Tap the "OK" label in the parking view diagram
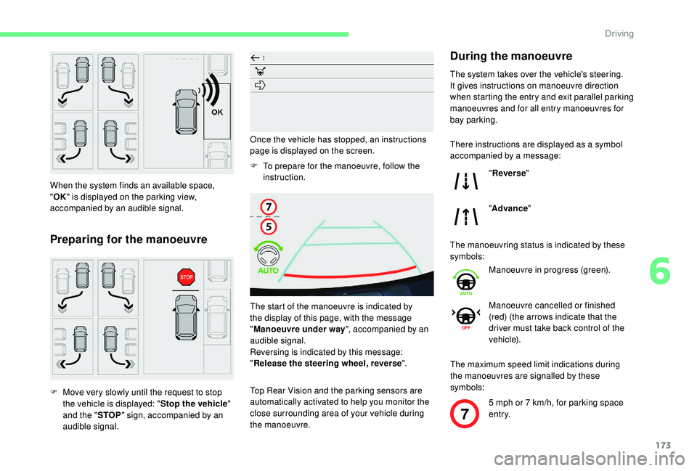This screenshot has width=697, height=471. [216, 113]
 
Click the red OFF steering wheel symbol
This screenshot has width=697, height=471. [465, 318]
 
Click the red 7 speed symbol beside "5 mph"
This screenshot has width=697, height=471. [465, 418]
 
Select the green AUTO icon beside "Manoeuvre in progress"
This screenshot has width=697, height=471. [465, 281]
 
